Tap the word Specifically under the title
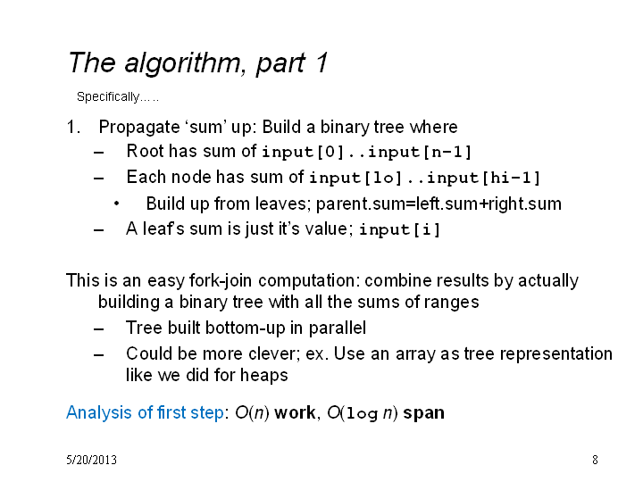(x=108, y=96)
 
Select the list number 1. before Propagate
(x=73, y=127)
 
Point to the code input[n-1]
(x=420, y=152)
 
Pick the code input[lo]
(x=355, y=178)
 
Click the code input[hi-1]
(x=483, y=178)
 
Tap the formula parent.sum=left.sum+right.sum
(x=438, y=204)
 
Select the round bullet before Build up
(x=117, y=204)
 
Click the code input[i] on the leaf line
(x=400, y=229)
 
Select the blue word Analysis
(x=100, y=412)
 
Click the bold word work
(x=295, y=412)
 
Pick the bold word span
(x=423, y=413)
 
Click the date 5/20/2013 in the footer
(x=91, y=460)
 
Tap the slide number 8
(x=595, y=460)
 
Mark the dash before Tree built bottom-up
(x=98, y=328)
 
